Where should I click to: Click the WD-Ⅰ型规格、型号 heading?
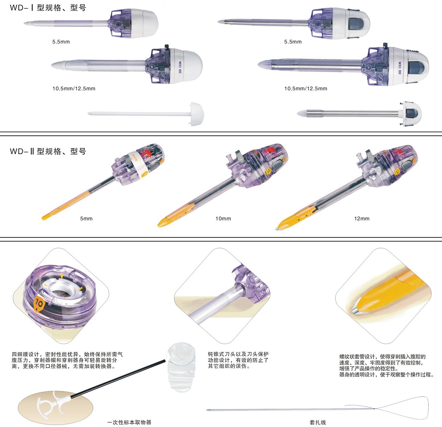click(x=48, y=8)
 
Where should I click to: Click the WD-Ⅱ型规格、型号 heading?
click(x=48, y=151)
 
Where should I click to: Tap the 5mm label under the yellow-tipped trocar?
click(x=86, y=218)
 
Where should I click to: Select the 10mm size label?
click(x=223, y=218)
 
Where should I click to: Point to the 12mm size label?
click(x=362, y=218)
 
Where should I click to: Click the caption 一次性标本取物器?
click(x=129, y=422)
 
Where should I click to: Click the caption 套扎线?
click(x=318, y=422)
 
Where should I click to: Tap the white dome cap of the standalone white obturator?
click(x=196, y=114)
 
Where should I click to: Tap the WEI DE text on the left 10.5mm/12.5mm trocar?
click(x=180, y=67)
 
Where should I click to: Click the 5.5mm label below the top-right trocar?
click(x=293, y=42)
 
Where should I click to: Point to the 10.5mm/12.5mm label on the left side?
click(x=74, y=88)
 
